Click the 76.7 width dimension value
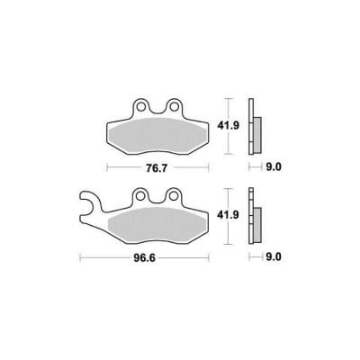tap(157, 168)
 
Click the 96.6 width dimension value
tap(145, 258)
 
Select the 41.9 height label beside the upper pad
tap(229, 126)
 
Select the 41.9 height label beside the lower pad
tap(229, 215)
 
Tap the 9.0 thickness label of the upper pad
tap(274, 166)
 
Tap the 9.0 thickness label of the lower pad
tap(274, 256)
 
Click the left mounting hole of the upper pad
tap(140, 106)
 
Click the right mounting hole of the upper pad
tap(173, 106)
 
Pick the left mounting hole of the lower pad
tap(140, 196)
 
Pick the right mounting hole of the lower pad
tap(173, 196)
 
